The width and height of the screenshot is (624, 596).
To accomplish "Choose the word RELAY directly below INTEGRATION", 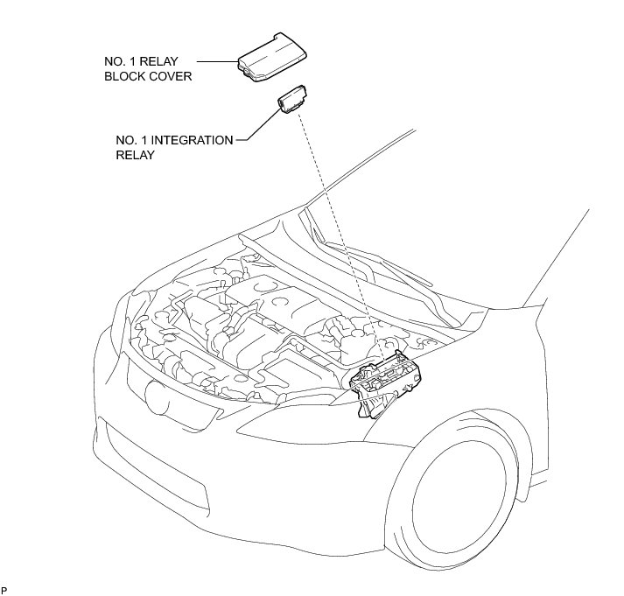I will point(135,155).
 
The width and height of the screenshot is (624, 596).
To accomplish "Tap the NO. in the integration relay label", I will point(125,140).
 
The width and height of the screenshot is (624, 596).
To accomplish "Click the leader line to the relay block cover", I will point(216,62).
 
